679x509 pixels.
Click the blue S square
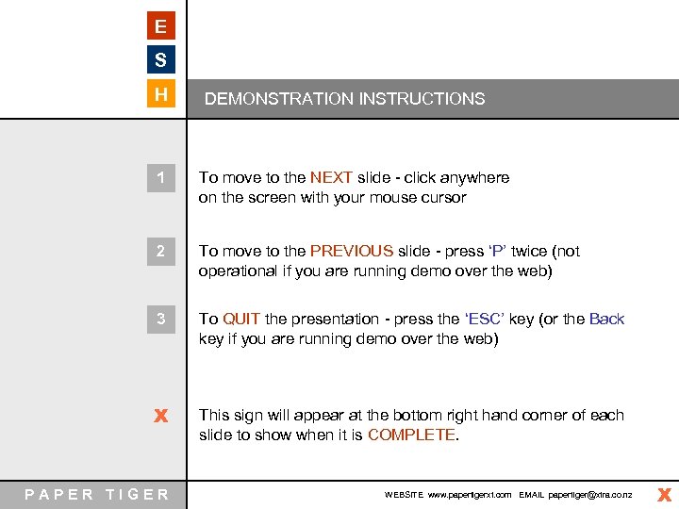(161, 60)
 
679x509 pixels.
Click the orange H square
(161, 94)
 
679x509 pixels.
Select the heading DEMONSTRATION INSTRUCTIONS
(344, 99)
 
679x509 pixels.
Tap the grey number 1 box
(161, 177)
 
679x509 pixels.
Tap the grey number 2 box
(161, 252)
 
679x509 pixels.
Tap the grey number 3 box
(161, 320)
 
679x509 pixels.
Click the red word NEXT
(331, 177)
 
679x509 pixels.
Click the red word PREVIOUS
(351, 252)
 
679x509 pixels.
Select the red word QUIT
(241, 320)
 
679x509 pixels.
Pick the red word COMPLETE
(411, 435)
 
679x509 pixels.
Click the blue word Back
(606, 320)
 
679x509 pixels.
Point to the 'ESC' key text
(486, 320)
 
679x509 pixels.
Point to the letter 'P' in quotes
(498, 252)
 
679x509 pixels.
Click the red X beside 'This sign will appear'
(161, 416)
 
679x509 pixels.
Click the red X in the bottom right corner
(664, 494)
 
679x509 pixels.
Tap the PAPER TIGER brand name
(97, 494)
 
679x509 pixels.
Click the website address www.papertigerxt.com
(469, 495)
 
